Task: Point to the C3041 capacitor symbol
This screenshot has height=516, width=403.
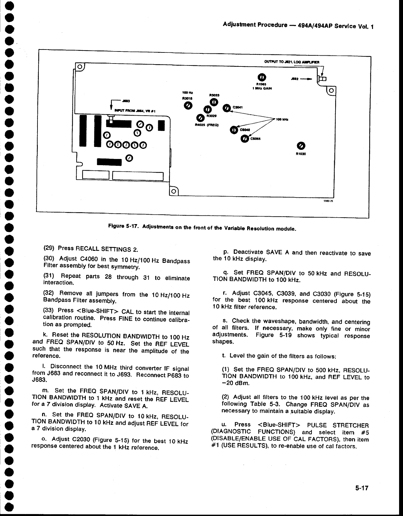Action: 226,108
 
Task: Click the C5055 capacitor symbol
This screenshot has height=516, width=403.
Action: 244,139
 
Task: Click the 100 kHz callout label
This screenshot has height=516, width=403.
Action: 281,119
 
